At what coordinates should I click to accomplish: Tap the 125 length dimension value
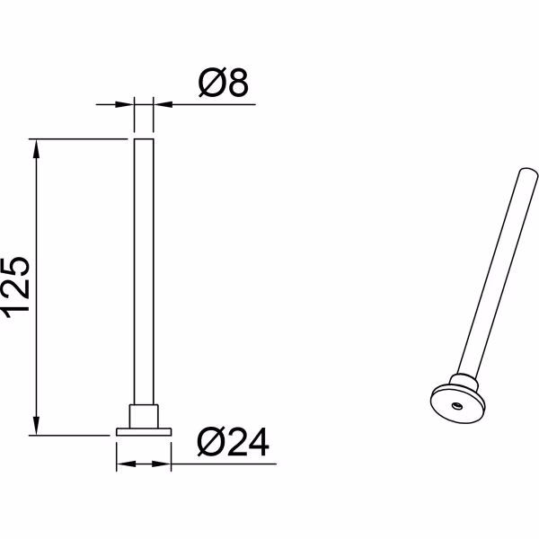click(x=19, y=287)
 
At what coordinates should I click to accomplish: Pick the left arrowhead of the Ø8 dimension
click(x=127, y=104)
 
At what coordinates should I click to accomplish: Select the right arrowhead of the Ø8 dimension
click(x=161, y=104)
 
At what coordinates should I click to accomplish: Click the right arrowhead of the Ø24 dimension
click(x=163, y=464)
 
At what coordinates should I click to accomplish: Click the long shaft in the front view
click(x=144, y=269)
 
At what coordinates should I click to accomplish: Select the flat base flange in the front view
click(x=144, y=431)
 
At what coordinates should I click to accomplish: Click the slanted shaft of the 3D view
click(x=494, y=269)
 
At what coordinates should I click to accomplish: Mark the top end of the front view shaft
click(x=144, y=141)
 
